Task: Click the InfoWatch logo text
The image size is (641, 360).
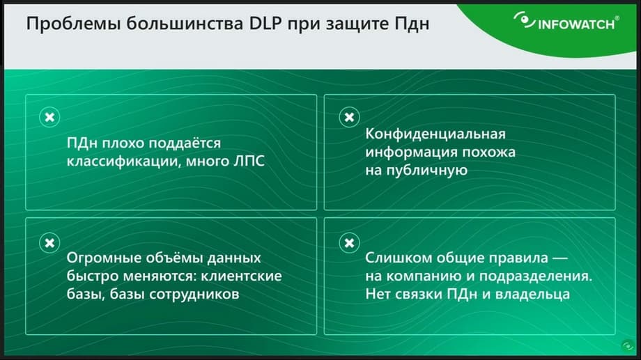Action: point(576,24)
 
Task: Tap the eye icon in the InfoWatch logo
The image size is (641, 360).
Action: point(524,20)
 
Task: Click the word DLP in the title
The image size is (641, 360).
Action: point(265,23)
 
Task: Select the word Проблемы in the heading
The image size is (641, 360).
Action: point(73,24)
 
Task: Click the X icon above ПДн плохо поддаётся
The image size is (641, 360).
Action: point(49,117)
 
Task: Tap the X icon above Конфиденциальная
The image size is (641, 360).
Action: point(349,117)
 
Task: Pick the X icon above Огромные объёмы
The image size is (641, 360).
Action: point(49,243)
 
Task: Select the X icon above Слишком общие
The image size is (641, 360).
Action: point(349,243)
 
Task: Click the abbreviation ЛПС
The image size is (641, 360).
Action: point(249,161)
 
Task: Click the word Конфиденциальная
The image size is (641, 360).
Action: point(435,134)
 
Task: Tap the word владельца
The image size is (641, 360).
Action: point(532,295)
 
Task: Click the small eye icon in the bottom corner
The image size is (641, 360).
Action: point(628,346)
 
